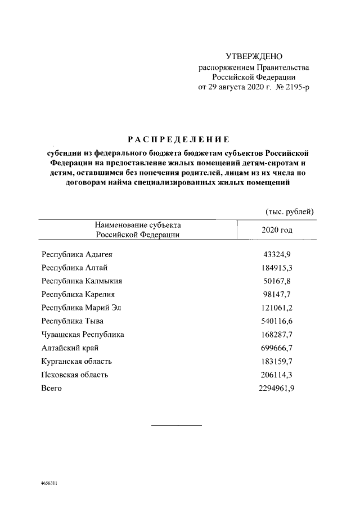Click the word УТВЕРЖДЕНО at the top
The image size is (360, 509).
click(x=254, y=56)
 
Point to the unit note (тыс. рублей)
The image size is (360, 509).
click(x=289, y=211)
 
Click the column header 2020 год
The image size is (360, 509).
click(x=277, y=230)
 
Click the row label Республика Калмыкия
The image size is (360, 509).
click(x=82, y=281)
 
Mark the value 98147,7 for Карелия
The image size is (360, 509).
click(x=277, y=294)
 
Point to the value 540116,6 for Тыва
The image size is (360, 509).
click(x=277, y=321)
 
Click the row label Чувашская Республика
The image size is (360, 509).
click(x=83, y=335)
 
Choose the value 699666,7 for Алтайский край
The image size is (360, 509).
click(x=277, y=348)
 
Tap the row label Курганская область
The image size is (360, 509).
click(x=76, y=362)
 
